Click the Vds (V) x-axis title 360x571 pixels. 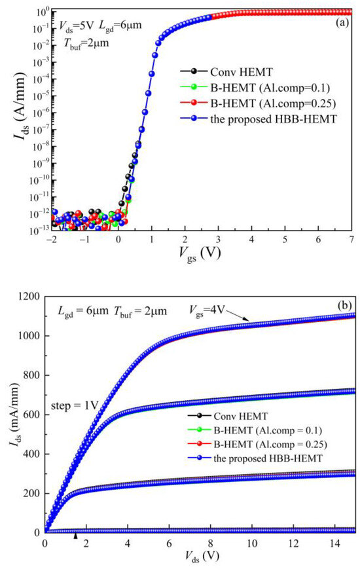200,561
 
